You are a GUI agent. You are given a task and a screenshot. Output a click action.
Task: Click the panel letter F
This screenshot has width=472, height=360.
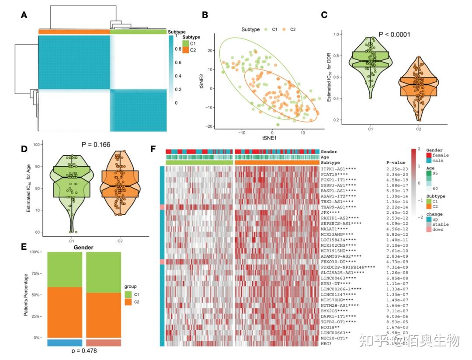pos(153,149)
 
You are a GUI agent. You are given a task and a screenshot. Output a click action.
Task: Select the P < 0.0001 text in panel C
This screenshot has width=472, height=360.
pos(394,34)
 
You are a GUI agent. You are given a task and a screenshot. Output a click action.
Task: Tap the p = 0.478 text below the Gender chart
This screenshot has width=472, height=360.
pos(83,351)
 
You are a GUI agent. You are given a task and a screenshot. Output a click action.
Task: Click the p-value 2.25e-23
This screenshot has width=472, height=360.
pos(397,169)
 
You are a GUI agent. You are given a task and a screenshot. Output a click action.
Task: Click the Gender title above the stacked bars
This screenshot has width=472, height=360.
pos(83,248)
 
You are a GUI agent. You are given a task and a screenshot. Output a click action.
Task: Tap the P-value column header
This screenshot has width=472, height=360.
pos(396,162)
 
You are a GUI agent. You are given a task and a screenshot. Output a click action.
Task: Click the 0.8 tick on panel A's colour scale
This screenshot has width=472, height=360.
pos(178,49)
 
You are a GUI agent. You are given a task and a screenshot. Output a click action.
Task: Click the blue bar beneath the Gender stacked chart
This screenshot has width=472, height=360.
pos(65,343)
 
